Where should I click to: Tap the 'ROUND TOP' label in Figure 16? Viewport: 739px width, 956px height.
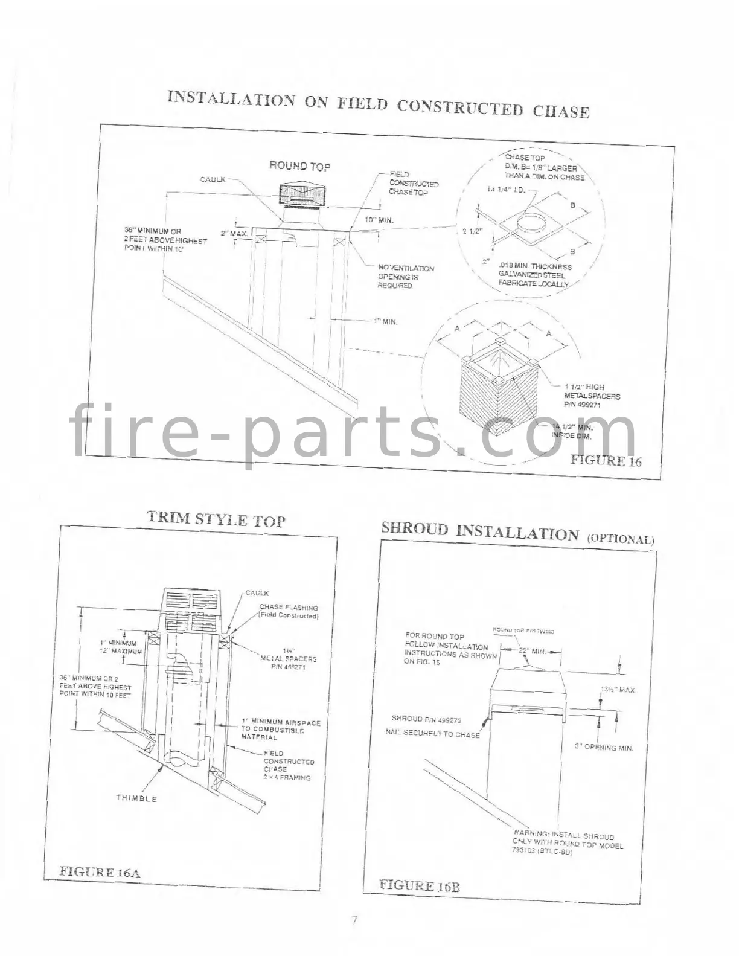point(299,166)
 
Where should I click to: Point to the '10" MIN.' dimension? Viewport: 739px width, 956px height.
point(380,220)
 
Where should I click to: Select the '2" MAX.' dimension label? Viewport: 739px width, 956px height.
point(231,233)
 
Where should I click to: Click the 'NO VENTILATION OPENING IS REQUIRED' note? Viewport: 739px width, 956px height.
point(406,277)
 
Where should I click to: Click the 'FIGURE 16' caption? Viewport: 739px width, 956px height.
point(606,460)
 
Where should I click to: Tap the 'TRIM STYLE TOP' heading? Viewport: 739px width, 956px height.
point(216,519)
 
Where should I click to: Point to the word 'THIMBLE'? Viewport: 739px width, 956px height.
point(136,798)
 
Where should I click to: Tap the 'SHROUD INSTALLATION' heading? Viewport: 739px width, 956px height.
point(479,531)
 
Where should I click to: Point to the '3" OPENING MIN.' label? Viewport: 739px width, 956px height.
point(604,747)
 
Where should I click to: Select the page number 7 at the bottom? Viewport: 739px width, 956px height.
point(355,920)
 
